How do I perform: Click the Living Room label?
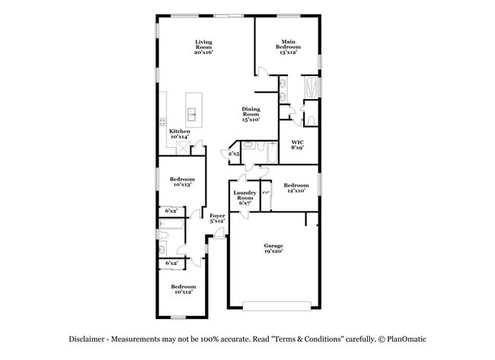[x=203, y=46]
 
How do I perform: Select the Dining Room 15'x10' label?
[x=251, y=114]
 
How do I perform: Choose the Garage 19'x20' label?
[x=273, y=248]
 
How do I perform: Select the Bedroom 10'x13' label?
[x=180, y=181]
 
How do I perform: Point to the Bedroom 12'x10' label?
[x=296, y=188]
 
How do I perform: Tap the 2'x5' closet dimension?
[x=235, y=154]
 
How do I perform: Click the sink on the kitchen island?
[x=192, y=115]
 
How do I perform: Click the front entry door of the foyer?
[x=217, y=239]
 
